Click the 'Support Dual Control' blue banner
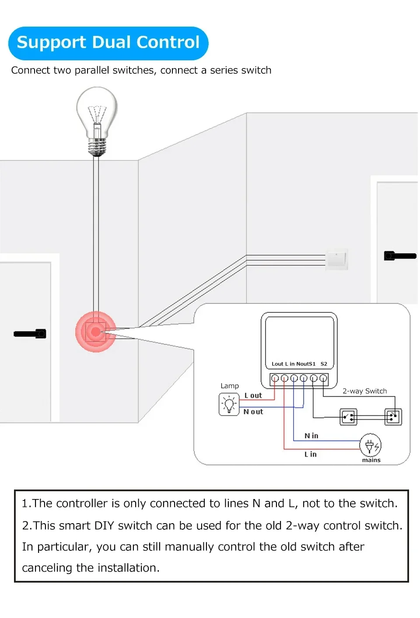108,43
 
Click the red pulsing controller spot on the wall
96,332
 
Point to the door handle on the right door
399,256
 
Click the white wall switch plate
336,259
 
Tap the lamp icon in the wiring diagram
229,404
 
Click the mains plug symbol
370,445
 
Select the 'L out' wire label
253,396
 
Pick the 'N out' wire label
253,412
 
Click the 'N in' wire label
311,436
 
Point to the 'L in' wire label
311,455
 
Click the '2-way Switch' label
364,391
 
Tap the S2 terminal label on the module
324,364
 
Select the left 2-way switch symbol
348,417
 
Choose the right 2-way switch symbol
393,417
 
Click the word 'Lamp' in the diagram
230,386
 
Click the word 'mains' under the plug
371,460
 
